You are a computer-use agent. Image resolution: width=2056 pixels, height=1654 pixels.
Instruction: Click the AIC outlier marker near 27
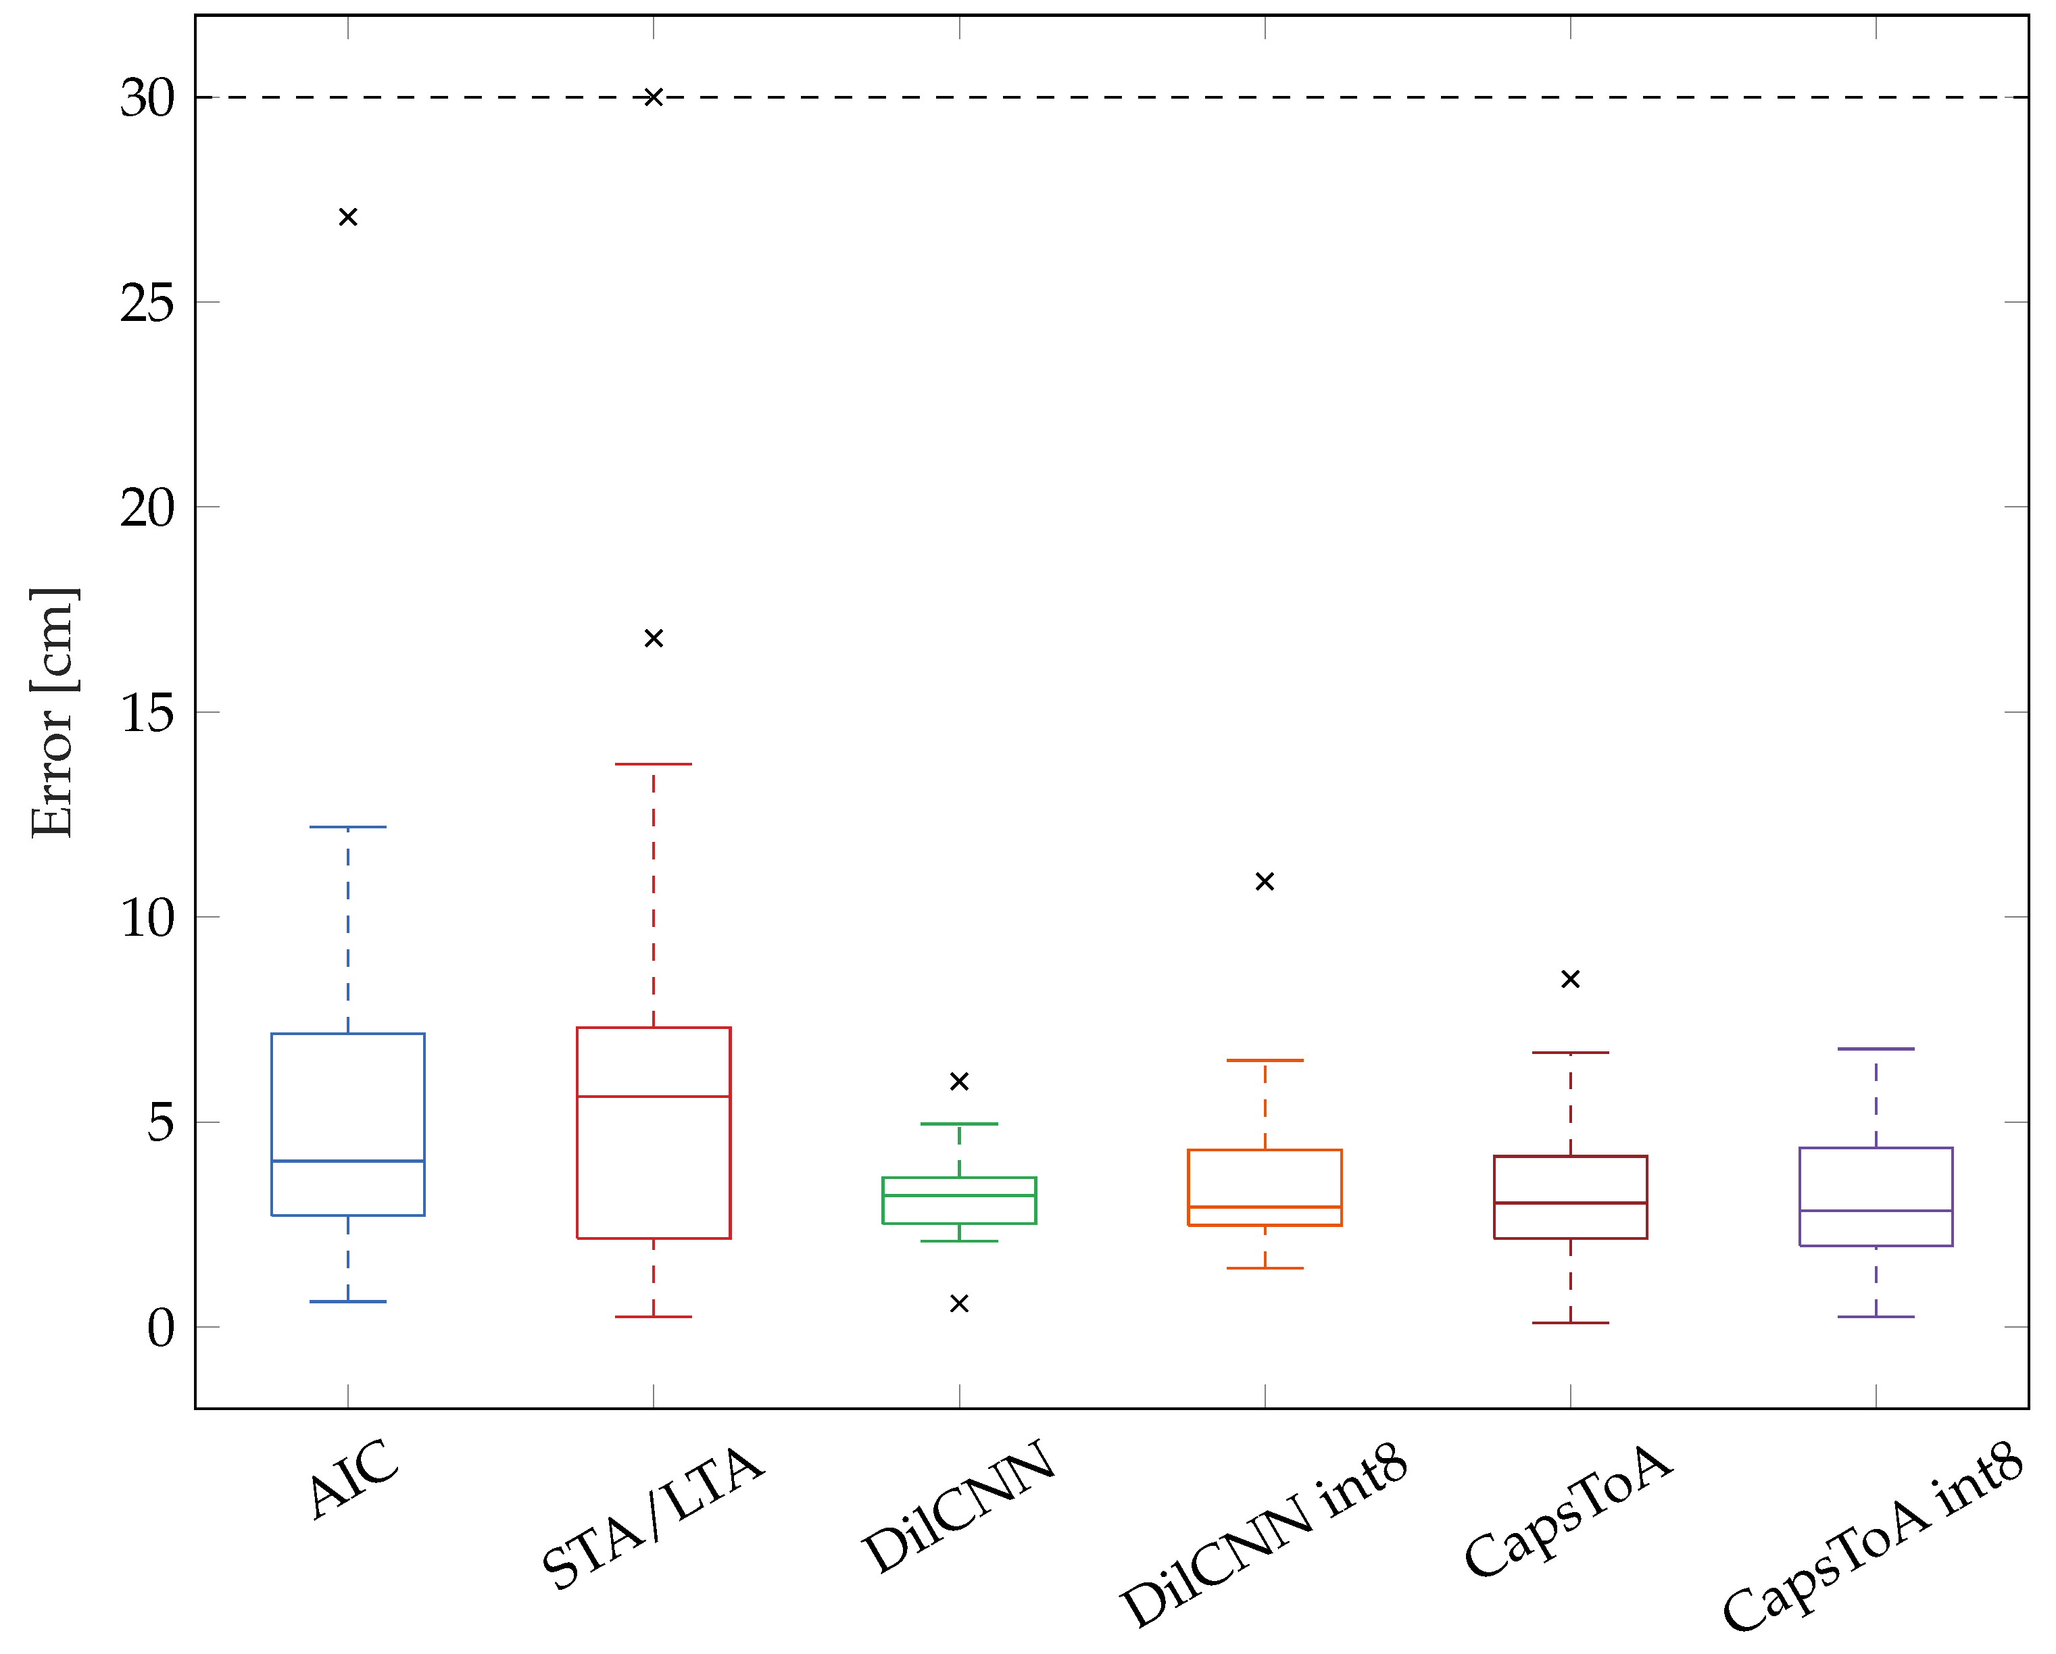pyautogui.click(x=348, y=218)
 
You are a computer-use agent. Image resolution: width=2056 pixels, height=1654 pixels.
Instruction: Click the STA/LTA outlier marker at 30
pyautogui.click(x=653, y=97)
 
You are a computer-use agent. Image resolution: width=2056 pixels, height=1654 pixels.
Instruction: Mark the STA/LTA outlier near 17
pyautogui.click(x=653, y=638)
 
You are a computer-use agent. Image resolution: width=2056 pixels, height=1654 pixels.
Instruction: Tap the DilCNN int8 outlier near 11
pyautogui.click(x=1265, y=882)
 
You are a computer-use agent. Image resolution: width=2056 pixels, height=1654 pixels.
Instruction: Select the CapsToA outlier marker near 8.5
pyautogui.click(x=1571, y=979)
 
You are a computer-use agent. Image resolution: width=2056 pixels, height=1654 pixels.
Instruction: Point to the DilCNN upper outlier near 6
pyautogui.click(x=959, y=1081)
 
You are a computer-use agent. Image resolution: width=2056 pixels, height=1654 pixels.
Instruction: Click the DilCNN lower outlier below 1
pyautogui.click(x=959, y=1303)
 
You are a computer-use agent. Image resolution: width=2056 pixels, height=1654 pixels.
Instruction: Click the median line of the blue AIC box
pyautogui.click(x=348, y=1161)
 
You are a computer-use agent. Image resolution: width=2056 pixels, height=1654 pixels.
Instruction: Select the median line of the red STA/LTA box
pyautogui.click(x=653, y=1097)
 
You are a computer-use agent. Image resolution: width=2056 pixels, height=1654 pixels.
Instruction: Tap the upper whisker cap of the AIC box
pyautogui.click(x=348, y=828)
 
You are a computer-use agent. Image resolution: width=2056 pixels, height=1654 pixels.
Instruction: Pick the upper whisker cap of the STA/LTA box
pyautogui.click(x=653, y=763)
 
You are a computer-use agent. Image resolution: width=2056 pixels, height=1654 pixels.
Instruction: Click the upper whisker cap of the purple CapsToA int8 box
pyautogui.click(x=1876, y=1049)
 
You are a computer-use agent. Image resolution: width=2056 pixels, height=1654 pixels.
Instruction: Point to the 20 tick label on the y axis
pyautogui.click(x=148, y=508)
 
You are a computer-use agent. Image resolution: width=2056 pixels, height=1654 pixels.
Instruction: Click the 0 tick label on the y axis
pyautogui.click(x=160, y=1328)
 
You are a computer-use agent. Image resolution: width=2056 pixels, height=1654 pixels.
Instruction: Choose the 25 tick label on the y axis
pyautogui.click(x=148, y=303)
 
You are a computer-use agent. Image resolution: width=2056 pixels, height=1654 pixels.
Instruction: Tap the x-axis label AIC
pyautogui.click(x=353, y=1478)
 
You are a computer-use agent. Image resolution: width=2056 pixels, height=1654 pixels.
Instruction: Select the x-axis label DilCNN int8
pyautogui.click(x=1265, y=1535)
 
